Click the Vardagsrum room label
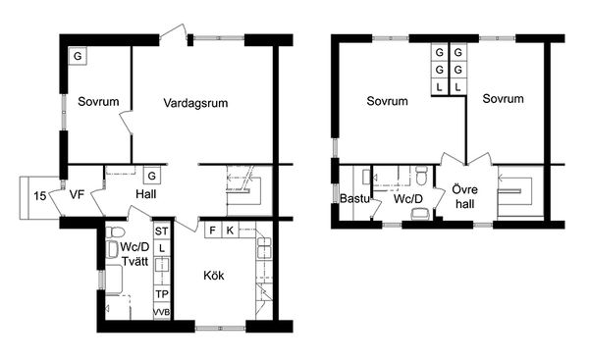[x=195, y=103]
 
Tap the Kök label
[x=214, y=276]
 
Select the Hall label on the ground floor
[x=146, y=194]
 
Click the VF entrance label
[x=77, y=194]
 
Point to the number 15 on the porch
[x=40, y=196]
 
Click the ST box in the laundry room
[x=162, y=231]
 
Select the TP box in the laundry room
[x=162, y=294]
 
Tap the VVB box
[x=162, y=312]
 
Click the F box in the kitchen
[x=213, y=231]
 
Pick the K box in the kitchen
[x=230, y=231]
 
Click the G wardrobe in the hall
[x=152, y=176]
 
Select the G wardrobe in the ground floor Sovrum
[x=78, y=56]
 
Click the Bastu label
[x=354, y=198]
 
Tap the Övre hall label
[x=465, y=197]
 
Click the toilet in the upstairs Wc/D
[x=422, y=176]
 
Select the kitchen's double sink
[x=264, y=248]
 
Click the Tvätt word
[x=135, y=261]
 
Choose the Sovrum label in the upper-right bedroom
[x=503, y=99]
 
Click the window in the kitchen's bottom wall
[x=221, y=328]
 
